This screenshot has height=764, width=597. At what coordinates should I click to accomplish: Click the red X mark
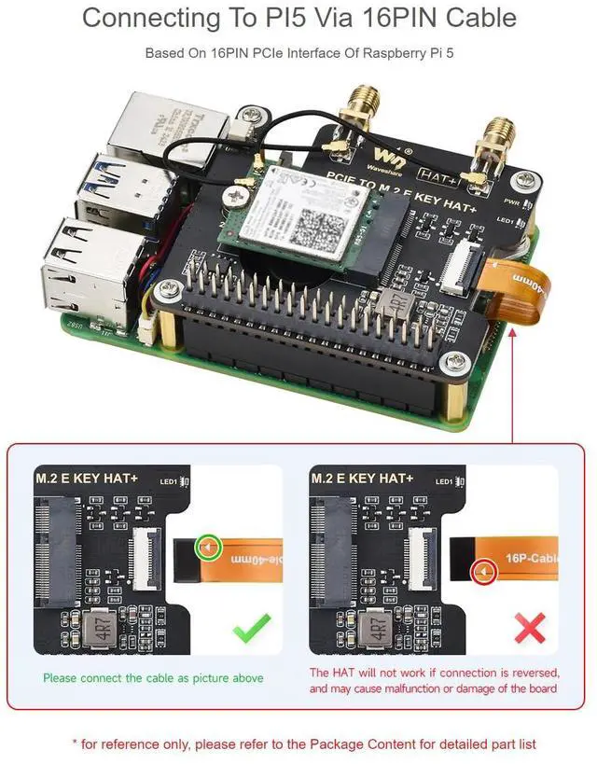click(530, 627)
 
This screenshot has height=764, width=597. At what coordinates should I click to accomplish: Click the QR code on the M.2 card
click(320, 219)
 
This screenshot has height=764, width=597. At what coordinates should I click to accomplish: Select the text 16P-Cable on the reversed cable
click(535, 559)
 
